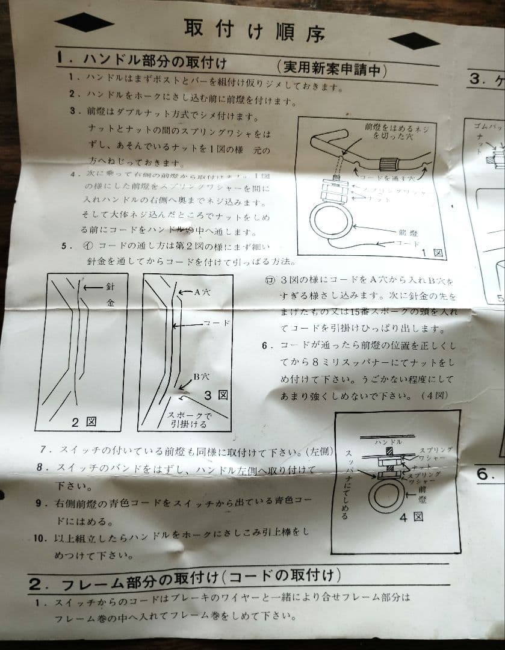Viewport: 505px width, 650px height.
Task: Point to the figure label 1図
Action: point(432,253)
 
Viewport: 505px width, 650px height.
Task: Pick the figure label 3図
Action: point(216,395)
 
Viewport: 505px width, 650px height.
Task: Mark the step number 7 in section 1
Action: point(43,450)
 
